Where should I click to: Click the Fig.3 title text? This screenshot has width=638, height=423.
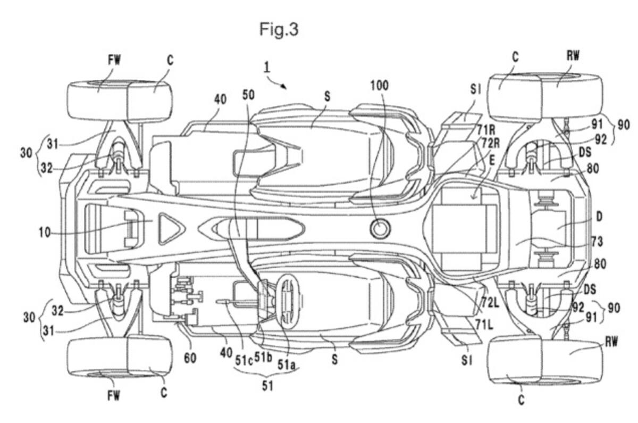tap(279, 29)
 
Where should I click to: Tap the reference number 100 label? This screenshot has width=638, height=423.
tap(380, 86)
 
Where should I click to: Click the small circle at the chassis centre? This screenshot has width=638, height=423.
tap(380, 229)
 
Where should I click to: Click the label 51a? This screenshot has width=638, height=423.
tap(287, 365)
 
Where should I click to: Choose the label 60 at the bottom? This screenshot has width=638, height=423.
tap(190, 358)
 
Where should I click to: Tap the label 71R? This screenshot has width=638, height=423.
tap(486, 130)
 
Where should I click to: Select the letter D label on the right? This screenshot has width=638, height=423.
tap(599, 217)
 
